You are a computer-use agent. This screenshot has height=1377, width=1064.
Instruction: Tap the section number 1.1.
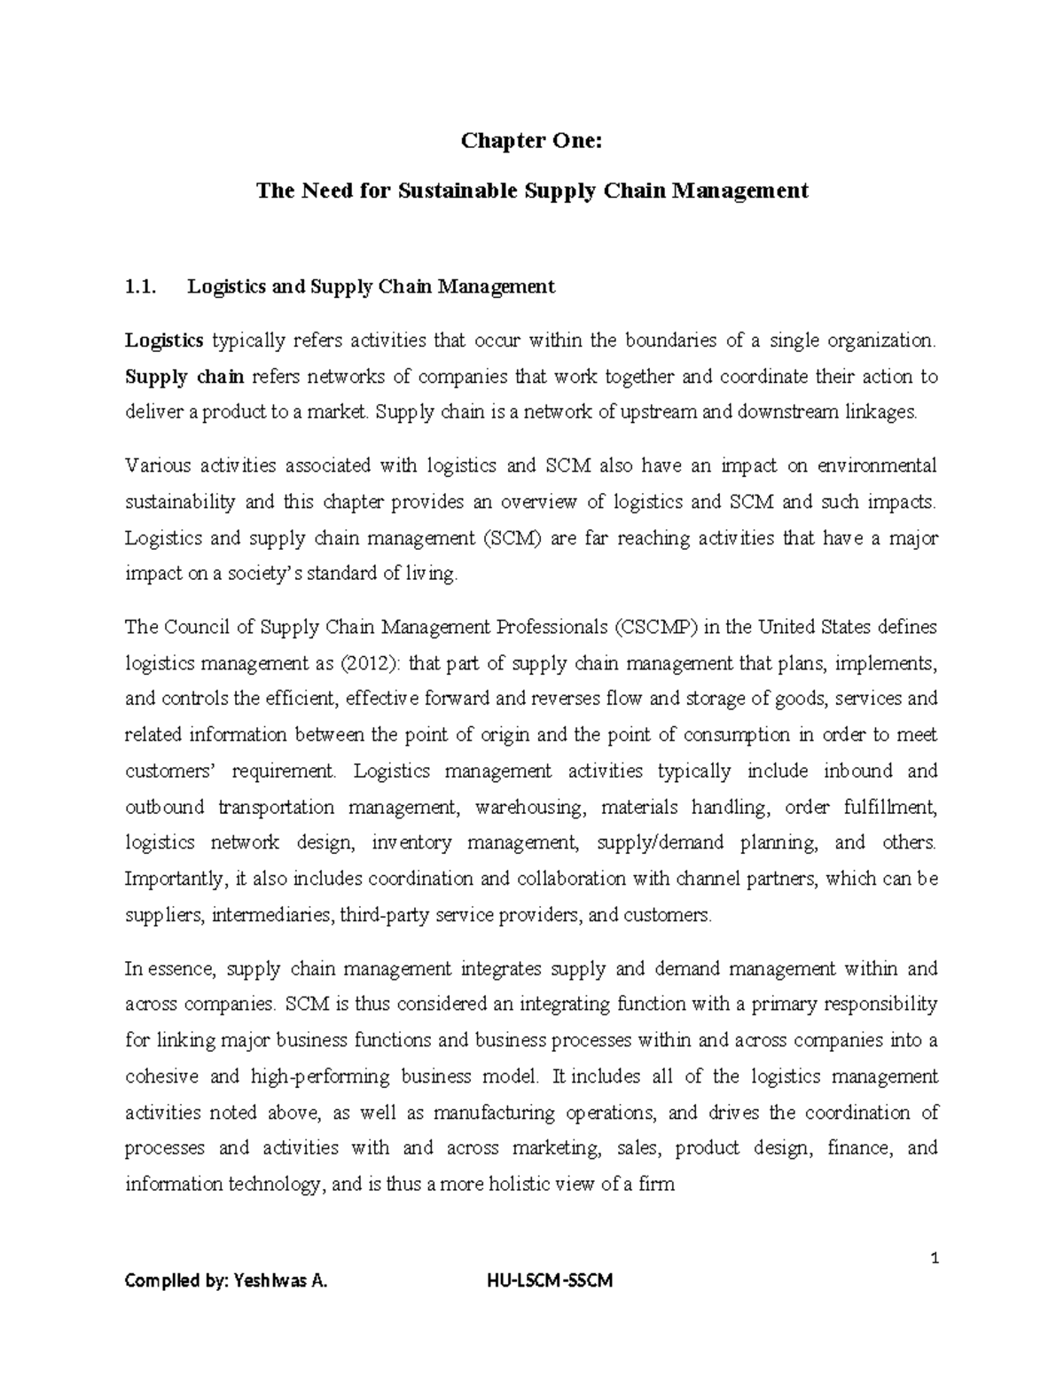pyautogui.click(x=140, y=286)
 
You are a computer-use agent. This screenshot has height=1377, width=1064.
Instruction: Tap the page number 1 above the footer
pyautogui.click(x=935, y=1258)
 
